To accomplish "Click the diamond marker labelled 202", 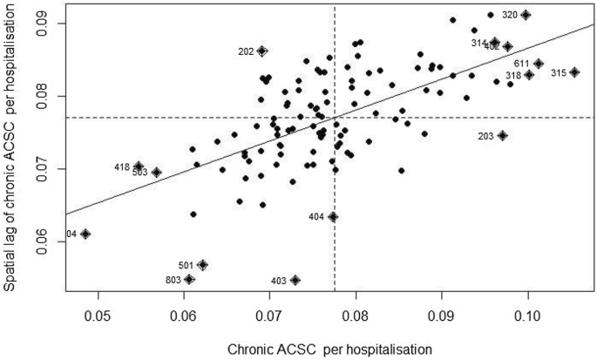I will click(x=262, y=51).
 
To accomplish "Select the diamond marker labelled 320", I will click(x=526, y=15).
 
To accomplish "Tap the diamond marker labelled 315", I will click(x=574, y=72).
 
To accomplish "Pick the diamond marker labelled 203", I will click(x=503, y=135).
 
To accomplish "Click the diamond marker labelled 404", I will click(x=333, y=216).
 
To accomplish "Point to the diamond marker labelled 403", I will click(x=295, y=280).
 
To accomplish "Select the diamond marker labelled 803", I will click(x=189, y=279).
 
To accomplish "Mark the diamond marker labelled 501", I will click(x=202, y=264).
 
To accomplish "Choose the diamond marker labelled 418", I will click(x=139, y=166).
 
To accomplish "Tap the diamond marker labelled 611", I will click(x=539, y=64).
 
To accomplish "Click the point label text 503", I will click(x=139, y=173).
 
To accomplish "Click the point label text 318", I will click(x=512, y=76).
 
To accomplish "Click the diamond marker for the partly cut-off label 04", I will click(x=85, y=234).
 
